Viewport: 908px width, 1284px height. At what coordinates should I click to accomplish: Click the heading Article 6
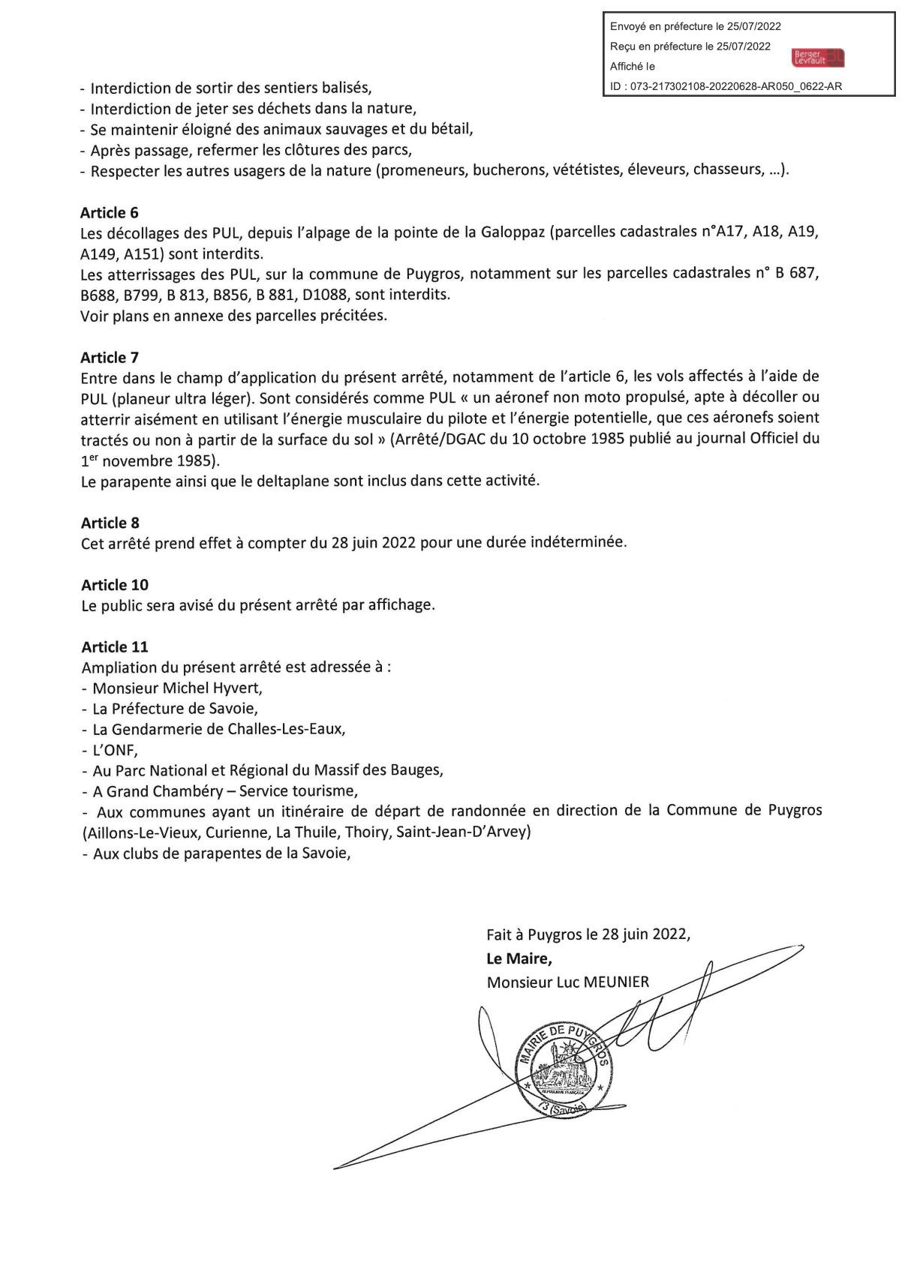[110, 212]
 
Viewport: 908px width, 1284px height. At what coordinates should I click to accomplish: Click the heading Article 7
[110, 357]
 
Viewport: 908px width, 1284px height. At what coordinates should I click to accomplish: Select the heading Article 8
[110, 523]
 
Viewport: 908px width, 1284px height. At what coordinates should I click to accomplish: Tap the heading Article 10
[115, 584]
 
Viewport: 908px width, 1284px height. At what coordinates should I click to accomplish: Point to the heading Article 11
[115, 646]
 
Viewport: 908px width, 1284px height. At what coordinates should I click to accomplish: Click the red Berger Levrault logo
[818, 58]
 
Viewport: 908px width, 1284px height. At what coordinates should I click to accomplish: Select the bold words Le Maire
[519, 958]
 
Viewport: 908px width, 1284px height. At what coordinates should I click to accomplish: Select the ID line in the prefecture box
[726, 86]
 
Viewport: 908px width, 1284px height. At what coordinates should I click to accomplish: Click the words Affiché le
[632, 66]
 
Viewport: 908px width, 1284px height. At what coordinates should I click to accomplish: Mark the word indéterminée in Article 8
[578, 541]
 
